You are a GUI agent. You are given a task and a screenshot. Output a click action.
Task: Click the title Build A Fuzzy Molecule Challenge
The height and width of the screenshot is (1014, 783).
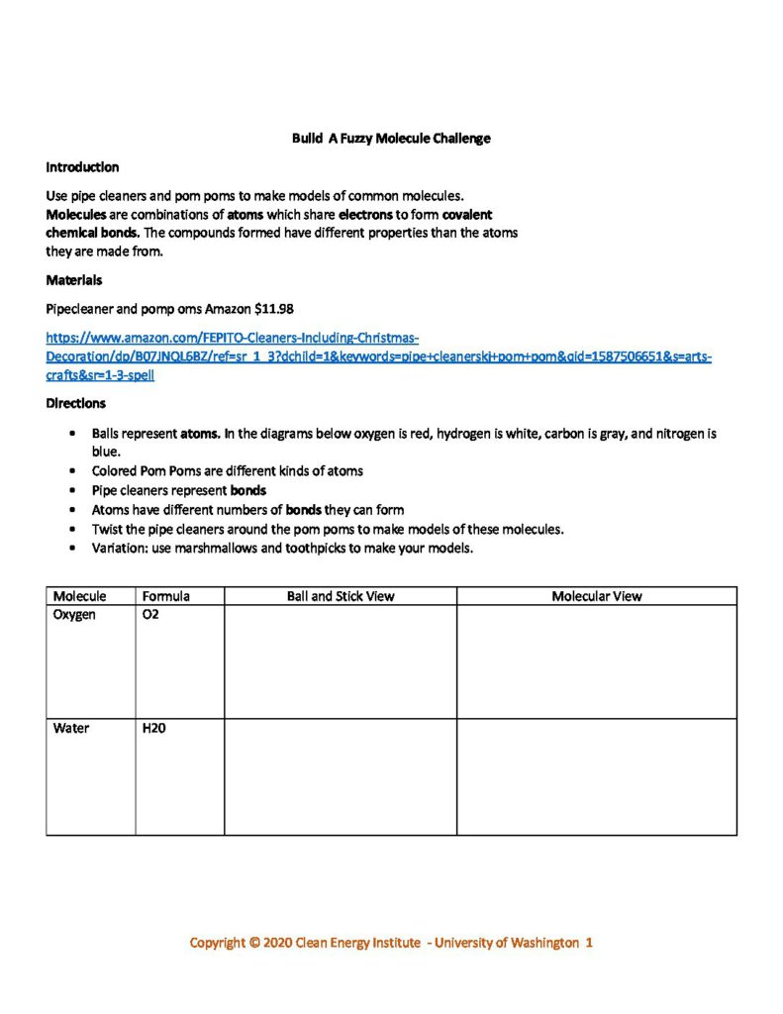point(391,139)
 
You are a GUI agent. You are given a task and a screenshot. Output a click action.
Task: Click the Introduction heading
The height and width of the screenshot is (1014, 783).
point(82,167)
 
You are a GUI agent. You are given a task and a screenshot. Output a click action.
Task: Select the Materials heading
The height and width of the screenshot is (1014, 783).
point(73,280)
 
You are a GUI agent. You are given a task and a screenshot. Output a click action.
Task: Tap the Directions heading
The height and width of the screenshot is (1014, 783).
point(75,403)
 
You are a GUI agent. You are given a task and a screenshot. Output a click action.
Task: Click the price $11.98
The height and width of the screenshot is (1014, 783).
point(274,308)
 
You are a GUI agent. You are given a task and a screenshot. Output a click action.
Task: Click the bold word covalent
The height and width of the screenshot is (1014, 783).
point(467,214)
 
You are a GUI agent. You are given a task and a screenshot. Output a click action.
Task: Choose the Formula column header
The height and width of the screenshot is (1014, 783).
point(165,596)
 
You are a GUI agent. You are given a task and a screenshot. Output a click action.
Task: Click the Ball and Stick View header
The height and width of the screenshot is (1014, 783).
point(341,596)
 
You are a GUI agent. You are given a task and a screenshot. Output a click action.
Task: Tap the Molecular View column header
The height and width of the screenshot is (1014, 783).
point(596,596)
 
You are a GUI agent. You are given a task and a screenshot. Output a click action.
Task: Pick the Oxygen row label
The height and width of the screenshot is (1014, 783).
point(74,615)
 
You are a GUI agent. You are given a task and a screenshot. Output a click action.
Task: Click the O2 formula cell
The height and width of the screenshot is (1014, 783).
point(150,615)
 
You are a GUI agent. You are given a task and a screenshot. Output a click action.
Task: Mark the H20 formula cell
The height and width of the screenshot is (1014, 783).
point(153,728)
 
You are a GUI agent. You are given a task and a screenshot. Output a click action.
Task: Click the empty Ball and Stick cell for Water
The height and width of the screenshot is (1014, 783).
point(341,776)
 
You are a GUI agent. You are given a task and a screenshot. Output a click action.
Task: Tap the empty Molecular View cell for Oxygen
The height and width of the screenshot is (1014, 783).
point(596,661)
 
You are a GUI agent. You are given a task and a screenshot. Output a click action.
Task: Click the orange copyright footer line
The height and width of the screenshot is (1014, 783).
point(391,943)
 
